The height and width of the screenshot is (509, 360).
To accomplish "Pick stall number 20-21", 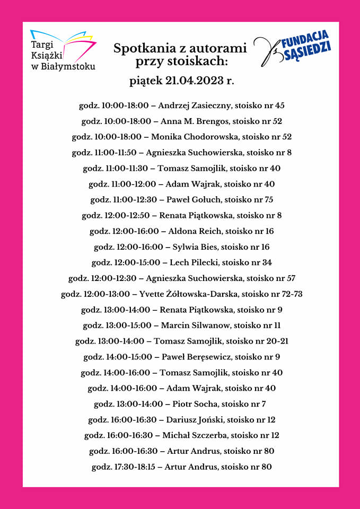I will pyautogui.click(x=277, y=341).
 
